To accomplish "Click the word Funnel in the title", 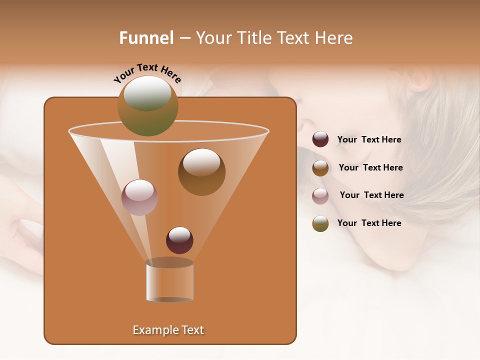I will pyautogui.click(x=146, y=38).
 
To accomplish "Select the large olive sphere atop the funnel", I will pyautogui.click(x=148, y=106).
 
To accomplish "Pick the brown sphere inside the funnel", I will pyautogui.click(x=201, y=172).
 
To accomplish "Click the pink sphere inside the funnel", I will pyautogui.click(x=139, y=197).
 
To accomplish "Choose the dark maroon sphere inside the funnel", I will pyautogui.click(x=179, y=240).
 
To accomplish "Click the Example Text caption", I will pyautogui.click(x=168, y=330).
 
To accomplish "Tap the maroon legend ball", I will pyautogui.click(x=320, y=139).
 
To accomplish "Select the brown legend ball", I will pyautogui.click(x=320, y=168).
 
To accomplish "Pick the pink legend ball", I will pyautogui.click(x=320, y=196).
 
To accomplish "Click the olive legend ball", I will pyautogui.click(x=320, y=223).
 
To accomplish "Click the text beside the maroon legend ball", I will pyautogui.click(x=369, y=140).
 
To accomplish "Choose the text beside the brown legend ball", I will pyautogui.click(x=370, y=168).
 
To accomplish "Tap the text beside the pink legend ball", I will pyautogui.click(x=371, y=195).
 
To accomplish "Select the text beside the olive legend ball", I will pyautogui.click(x=369, y=223).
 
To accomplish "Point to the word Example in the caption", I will pyautogui.click(x=152, y=330).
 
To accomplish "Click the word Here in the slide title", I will pyautogui.click(x=333, y=38).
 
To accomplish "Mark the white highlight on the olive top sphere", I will pyautogui.click(x=147, y=93).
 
